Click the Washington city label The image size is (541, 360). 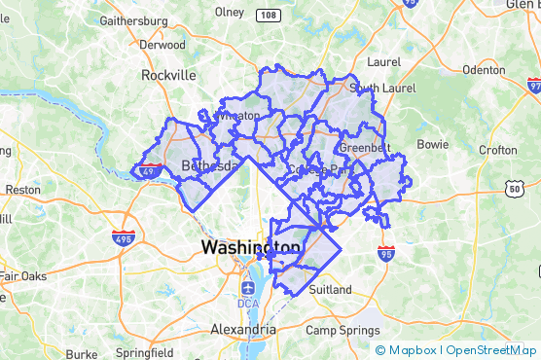point(251,247)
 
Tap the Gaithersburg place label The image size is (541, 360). point(134,19)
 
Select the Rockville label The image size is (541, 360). point(168,74)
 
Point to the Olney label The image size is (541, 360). point(229,12)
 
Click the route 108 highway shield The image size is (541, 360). point(268,16)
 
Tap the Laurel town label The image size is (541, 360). point(383,61)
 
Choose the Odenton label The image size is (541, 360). point(484,69)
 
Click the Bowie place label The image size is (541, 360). point(432,144)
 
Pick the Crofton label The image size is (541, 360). point(498,150)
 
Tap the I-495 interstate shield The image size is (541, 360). point(124,238)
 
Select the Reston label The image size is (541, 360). point(22,189)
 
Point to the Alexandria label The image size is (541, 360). point(243,330)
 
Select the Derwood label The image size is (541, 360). point(162,45)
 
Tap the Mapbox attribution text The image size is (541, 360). point(411,349)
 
